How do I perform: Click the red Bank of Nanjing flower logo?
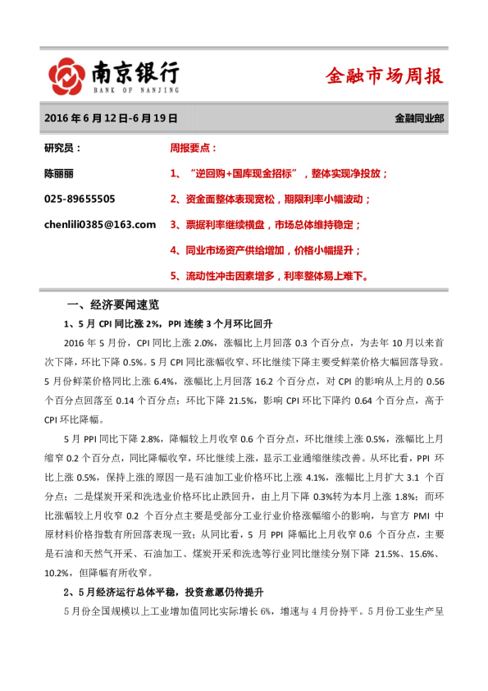(x=65, y=76)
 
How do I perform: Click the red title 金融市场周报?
(x=384, y=77)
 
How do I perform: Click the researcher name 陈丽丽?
(x=60, y=173)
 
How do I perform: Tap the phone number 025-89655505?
(x=80, y=199)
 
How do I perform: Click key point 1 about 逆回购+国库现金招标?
(x=280, y=174)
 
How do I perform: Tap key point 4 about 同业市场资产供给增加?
(x=265, y=249)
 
